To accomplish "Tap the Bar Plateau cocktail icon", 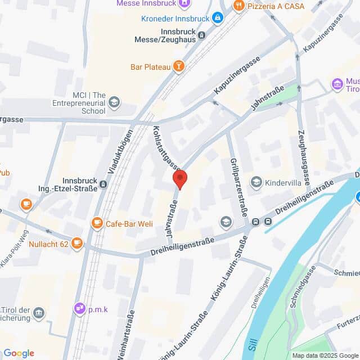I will pos(179,67).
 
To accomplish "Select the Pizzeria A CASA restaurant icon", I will pos(238,6).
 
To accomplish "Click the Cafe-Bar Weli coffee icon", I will pos(97,223).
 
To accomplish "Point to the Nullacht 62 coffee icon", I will pos(77,244).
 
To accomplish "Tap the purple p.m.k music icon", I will pos(79,308).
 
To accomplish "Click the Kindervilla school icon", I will pos(256,182).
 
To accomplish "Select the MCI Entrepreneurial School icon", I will pos(114,102).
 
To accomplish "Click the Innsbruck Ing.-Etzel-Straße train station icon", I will pos(103,183).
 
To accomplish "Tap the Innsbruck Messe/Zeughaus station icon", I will pos(201,35).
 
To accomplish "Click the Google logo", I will pos(19,353).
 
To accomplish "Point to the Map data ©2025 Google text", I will pos(325,355).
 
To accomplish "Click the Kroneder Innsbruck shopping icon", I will pos(217,18).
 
